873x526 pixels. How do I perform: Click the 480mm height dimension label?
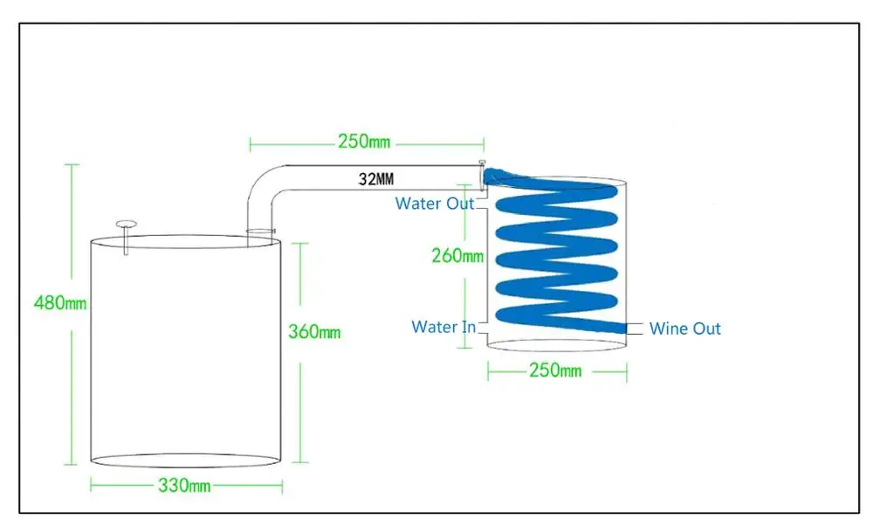click(60, 303)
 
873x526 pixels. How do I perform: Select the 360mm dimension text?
click(314, 332)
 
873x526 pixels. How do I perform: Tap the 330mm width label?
click(184, 485)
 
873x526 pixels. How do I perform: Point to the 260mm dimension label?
click(457, 256)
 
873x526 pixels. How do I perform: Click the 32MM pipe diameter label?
click(375, 179)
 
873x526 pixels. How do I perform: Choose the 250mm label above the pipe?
click(364, 142)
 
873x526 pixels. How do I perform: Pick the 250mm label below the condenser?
click(555, 370)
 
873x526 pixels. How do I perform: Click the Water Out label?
click(434, 204)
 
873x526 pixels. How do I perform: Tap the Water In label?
click(443, 327)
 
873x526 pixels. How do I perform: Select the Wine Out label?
click(684, 329)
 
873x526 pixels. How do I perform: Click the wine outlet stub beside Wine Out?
click(635, 329)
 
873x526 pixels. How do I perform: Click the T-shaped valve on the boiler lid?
click(127, 237)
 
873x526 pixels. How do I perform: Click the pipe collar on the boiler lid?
click(260, 231)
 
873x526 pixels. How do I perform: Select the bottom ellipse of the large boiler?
click(185, 467)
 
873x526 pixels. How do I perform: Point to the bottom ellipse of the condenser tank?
click(557, 351)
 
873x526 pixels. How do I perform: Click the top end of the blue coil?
click(490, 176)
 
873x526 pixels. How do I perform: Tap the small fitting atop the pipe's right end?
click(482, 163)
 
